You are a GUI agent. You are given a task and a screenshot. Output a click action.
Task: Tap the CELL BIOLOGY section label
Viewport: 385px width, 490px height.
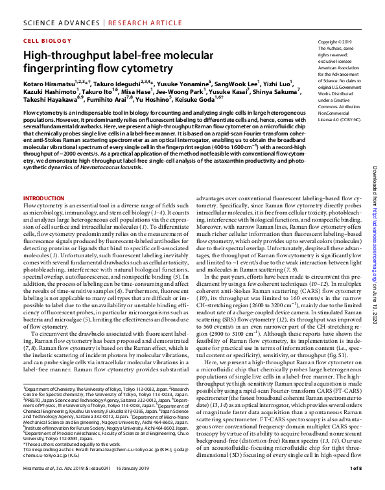pyautogui.click(x=46, y=40)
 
